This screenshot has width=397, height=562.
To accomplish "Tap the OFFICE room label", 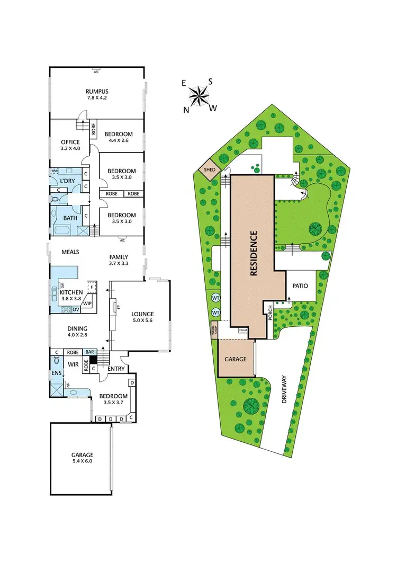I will pos(70,142).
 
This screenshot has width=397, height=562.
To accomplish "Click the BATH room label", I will pos(70,218).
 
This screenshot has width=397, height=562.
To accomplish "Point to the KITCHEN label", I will pos(70,292).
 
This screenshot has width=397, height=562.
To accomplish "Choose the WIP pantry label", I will pos(87,304).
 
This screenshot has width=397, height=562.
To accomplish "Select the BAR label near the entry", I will pos(90,352).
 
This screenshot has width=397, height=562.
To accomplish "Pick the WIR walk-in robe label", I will pos(73,364).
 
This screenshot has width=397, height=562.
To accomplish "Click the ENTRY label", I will pos(116,369).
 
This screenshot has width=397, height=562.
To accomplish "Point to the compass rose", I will pos(200,96).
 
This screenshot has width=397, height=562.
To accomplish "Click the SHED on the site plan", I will pos(206,170).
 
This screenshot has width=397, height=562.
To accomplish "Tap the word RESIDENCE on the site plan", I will pos(253,254).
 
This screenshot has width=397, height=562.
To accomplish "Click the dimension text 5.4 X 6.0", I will pos(83,461).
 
